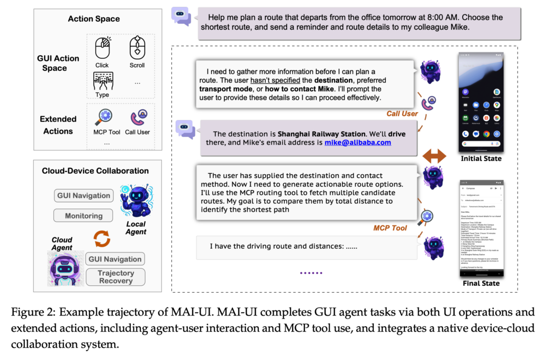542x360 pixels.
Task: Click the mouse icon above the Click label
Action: [102, 49]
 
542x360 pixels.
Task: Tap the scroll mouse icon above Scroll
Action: [137, 48]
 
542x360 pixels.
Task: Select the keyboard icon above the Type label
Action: [102, 81]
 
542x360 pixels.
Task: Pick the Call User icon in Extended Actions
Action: [137, 116]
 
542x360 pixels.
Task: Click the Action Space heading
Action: [94, 19]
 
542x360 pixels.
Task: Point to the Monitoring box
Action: [84, 216]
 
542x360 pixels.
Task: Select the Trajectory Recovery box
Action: [115, 277]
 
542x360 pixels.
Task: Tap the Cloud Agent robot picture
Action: [65, 268]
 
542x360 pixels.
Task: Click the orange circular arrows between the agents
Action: [102, 238]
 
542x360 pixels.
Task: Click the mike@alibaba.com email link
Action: [358, 142]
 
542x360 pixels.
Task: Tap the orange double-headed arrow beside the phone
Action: [433, 156]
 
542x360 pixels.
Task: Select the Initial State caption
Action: [481, 158]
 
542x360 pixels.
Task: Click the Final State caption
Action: [481, 283]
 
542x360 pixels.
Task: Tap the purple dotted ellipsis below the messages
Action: [311, 273]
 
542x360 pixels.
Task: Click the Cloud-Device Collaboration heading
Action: [95, 171]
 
